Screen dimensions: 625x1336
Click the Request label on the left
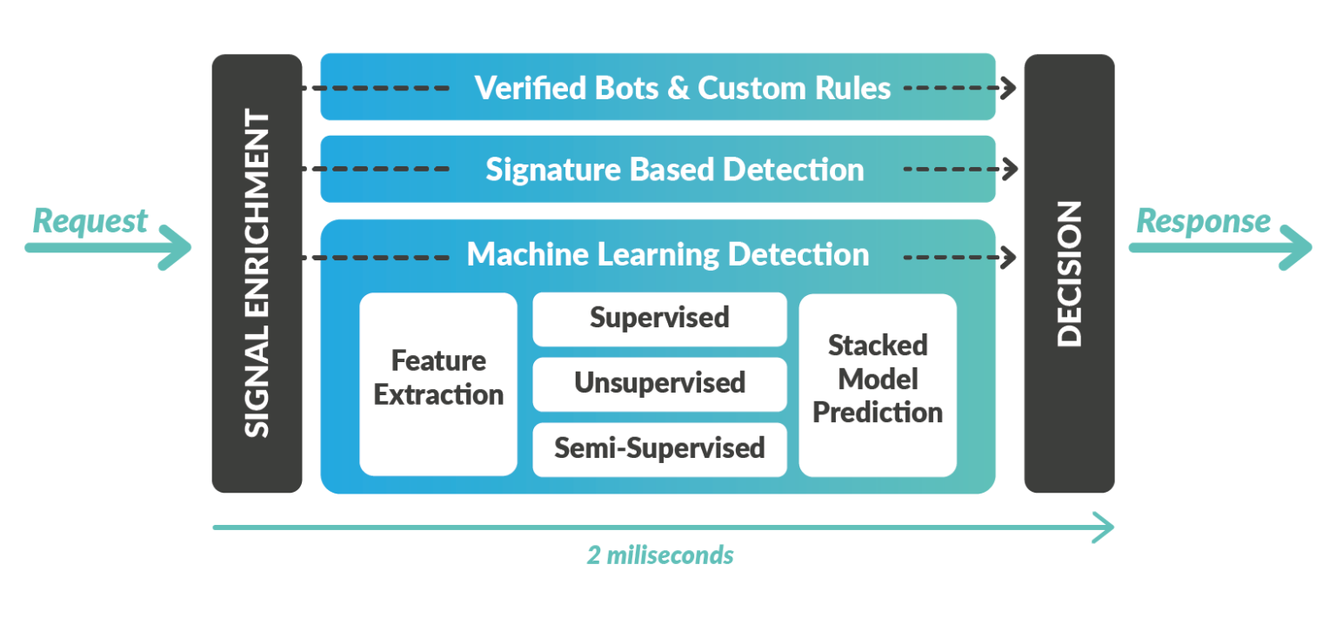(90, 221)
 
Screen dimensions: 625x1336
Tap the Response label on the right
(1203, 221)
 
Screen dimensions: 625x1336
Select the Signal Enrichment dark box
(257, 273)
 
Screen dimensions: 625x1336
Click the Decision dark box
(1069, 273)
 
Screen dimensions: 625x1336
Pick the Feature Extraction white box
(438, 379)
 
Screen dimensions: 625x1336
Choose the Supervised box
(659, 318)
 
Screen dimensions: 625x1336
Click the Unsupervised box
(659, 383)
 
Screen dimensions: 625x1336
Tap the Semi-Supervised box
(659, 448)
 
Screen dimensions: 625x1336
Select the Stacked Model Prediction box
(878, 380)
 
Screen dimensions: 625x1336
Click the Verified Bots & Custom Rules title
(682, 88)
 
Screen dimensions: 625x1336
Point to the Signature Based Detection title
(674, 169)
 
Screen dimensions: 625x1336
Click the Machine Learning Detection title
(667, 255)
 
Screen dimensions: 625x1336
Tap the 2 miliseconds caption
(659, 555)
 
